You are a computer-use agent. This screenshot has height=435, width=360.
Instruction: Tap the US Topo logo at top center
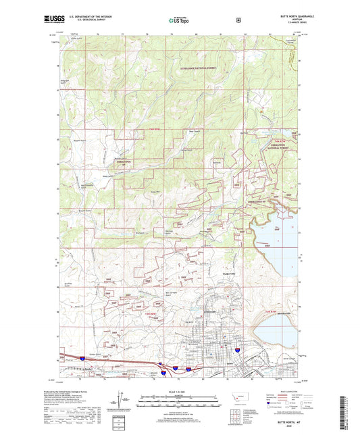coord(179,21)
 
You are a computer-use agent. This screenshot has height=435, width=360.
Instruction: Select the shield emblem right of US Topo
coord(238,20)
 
